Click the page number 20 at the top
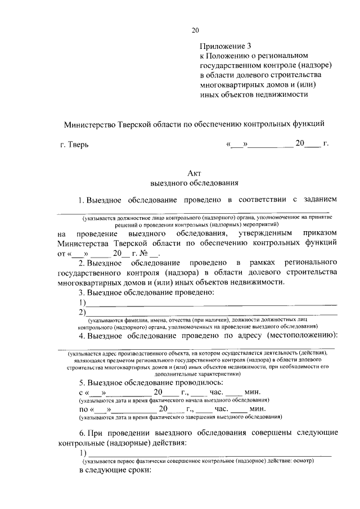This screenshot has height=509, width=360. (195, 30)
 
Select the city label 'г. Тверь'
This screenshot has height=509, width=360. (74, 145)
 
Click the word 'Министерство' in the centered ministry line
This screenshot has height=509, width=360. (89, 123)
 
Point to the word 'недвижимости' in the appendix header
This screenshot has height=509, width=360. (283, 94)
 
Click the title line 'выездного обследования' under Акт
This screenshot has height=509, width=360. (195, 183)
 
